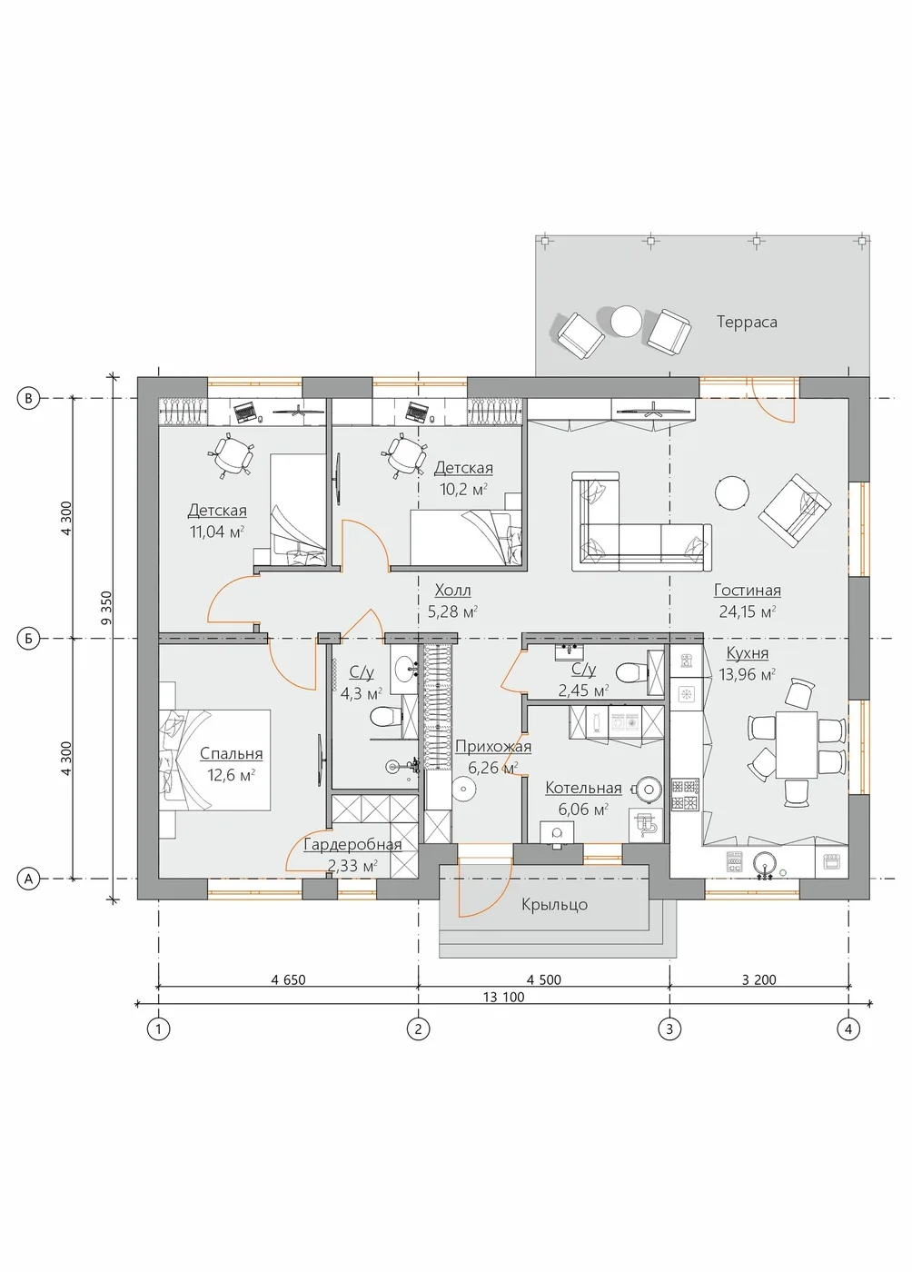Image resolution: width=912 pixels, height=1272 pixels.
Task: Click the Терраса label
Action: pos(746,322)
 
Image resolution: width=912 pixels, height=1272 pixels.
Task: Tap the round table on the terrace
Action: pos(627,321)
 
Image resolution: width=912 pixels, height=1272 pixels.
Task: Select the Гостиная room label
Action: pos(747,591)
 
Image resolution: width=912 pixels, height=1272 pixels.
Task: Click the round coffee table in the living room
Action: pos(731,492)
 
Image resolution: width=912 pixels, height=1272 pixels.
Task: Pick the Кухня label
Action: pos(748,653)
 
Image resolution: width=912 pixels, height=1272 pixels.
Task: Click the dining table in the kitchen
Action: pos(796,744)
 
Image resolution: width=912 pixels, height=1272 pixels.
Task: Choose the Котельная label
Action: pos(583,789)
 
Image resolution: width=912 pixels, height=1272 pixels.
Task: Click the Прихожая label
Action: pos(493,747)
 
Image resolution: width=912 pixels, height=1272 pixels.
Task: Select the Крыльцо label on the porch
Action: pos(554,905)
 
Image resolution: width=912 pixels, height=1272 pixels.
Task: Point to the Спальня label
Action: pos(231,754)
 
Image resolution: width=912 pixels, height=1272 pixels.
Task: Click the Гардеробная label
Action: pos(352,845)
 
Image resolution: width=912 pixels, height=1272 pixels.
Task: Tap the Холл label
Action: pos(452,591)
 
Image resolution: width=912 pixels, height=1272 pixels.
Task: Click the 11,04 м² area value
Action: pos(217,532)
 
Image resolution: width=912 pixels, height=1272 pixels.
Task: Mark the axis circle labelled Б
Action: pos(28,639)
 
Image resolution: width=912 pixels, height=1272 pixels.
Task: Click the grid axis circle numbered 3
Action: pos(669,1029)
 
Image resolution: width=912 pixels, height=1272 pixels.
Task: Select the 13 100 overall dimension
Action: pos(504,998)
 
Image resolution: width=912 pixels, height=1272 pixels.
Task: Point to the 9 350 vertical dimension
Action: pos(106,608)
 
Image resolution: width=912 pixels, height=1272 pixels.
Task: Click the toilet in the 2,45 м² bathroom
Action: pos(631,673)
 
